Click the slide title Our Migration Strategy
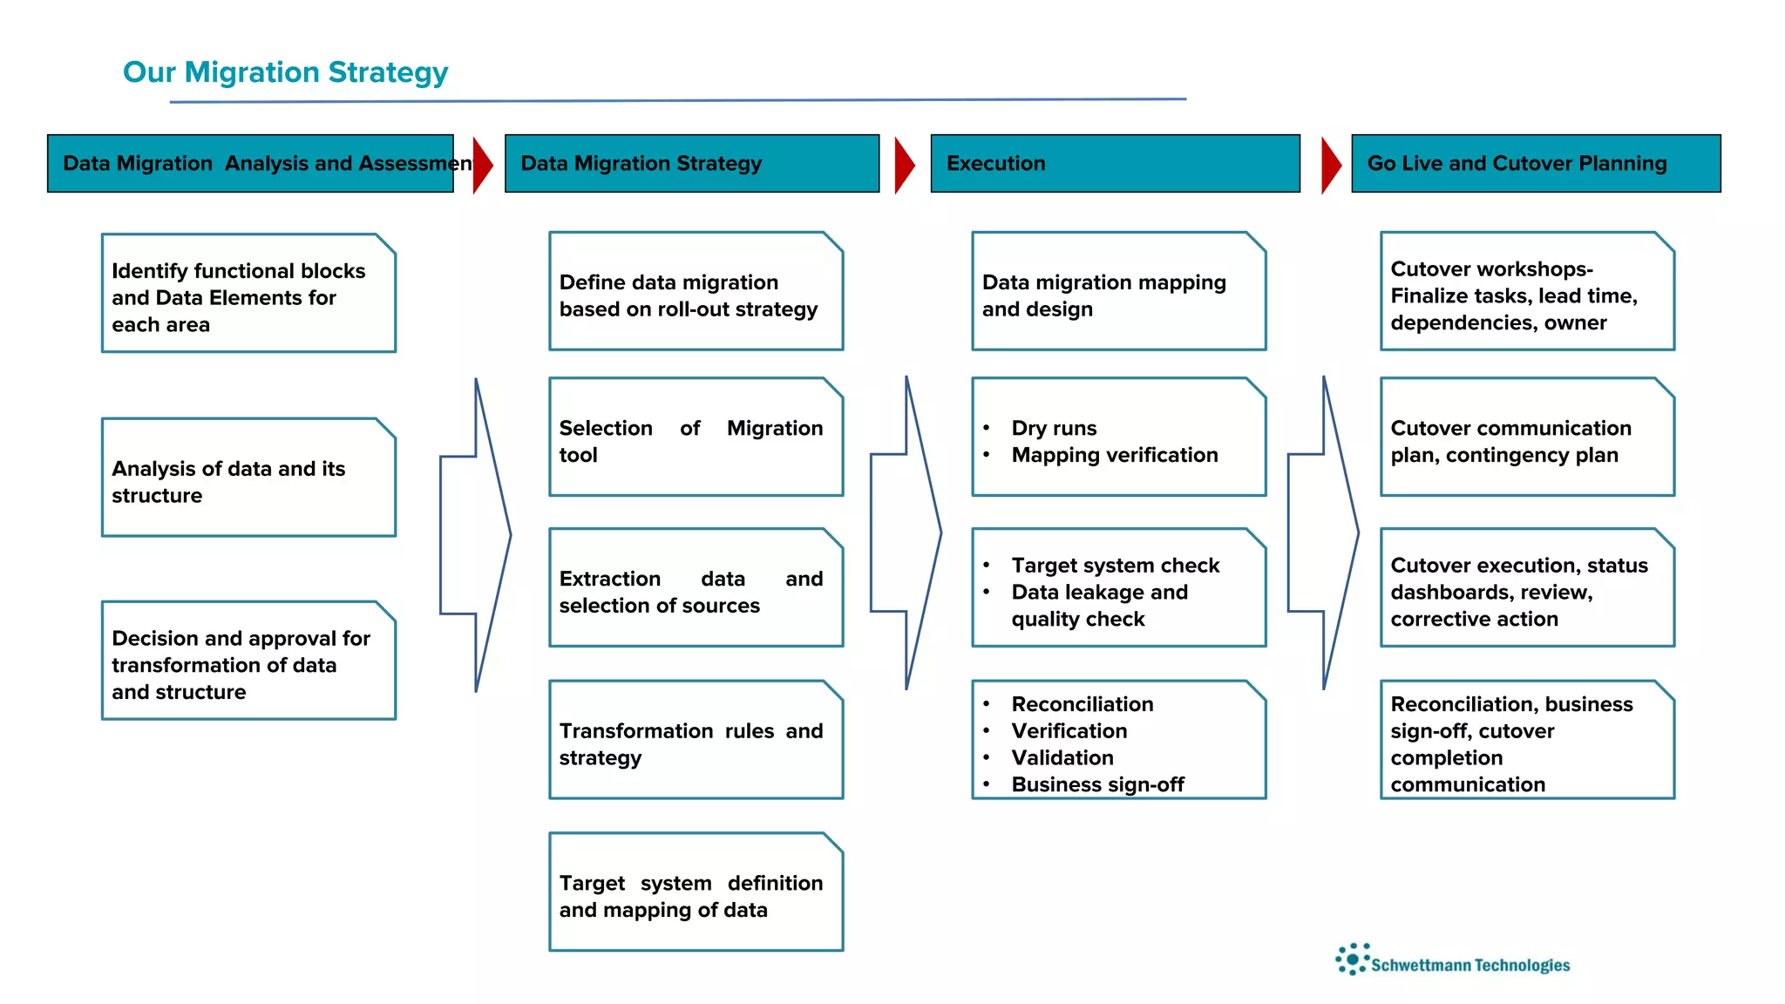pyautogui.click(x=285, y=71)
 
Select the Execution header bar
pyautogui.click(x=1115, y=163)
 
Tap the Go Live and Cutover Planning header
pyautogui.click(x=1535, y=163)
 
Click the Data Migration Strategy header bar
pyautogui.click(x=691, y=163)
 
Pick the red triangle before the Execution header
pyautogui.click(x=904, y=164)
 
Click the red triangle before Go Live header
pyautogui.click(x=1330, y=164)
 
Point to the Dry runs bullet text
pyautogui.click(x=1054, y=428)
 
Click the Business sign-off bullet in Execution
pyautogui.click(x=1097, y=784)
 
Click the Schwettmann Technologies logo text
pyautogui.click(x=1470, y=965)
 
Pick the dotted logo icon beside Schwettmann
pyautogui.click(x=1352, y=959)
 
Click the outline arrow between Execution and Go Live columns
pyautogui.click(x=1322, y=533)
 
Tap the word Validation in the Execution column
pyautogui.click(x=1062, y=757)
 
